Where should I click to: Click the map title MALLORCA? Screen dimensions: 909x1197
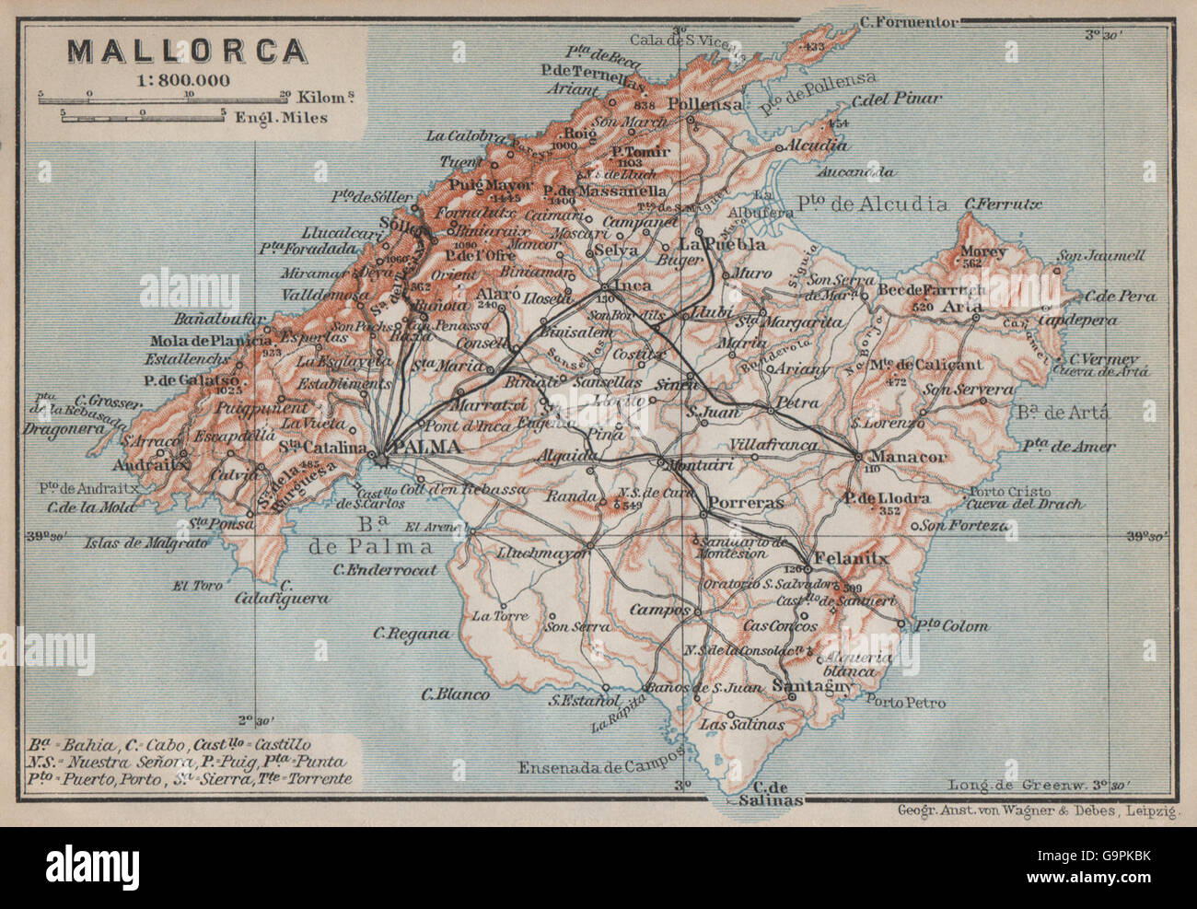click(188, 50)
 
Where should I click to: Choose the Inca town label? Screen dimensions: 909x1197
click(633, 286)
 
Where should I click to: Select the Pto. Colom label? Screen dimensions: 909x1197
click(950, 626)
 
